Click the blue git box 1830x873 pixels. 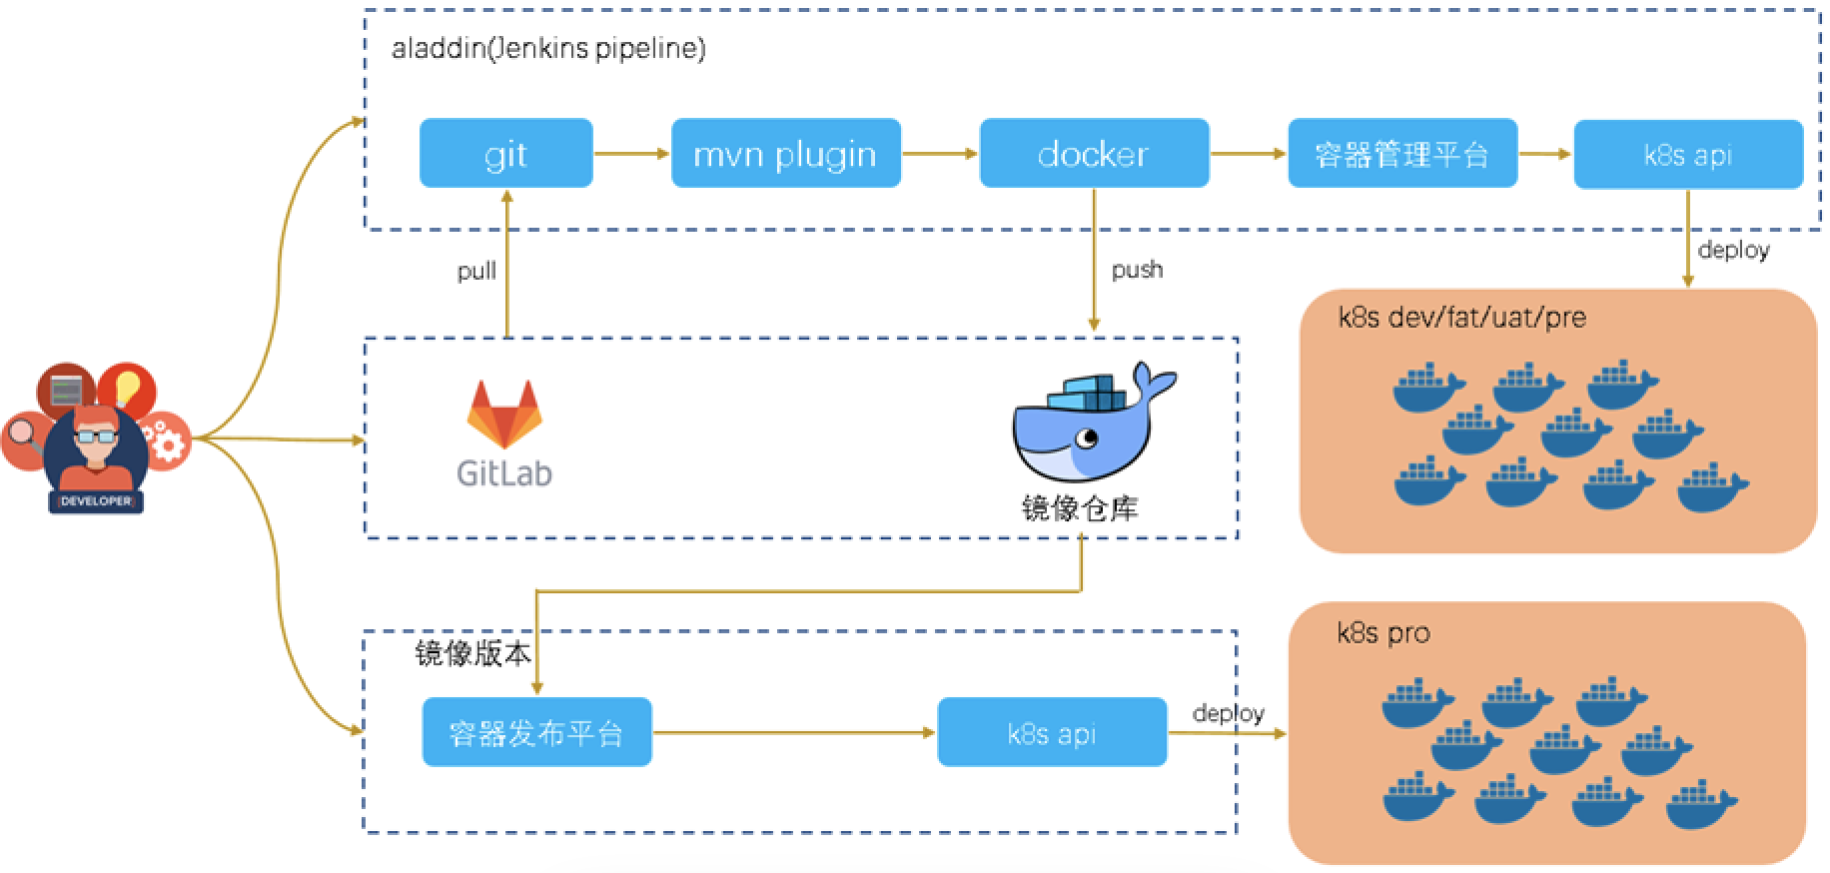point(505,154)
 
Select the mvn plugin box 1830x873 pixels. point(785,154)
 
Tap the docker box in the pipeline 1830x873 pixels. point(1094,154)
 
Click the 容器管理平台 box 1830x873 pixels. point(1402,154)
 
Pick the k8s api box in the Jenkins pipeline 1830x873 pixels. point(1688,154)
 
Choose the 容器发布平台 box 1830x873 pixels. point(536,733)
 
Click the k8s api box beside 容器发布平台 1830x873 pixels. point(1052,733)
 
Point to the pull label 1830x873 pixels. point(476,271)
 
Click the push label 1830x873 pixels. point(1137,269)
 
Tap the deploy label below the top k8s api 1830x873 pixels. point(1733,250)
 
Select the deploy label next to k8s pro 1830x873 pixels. point(1228,712)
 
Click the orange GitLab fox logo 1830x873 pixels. point(504,414)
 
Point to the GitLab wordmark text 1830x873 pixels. point(504,472)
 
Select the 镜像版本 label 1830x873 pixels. point(472,653)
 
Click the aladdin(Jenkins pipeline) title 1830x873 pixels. point(548,48)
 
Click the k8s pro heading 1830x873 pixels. point(1382,632)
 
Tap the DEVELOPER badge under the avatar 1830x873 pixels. point(96,501)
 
